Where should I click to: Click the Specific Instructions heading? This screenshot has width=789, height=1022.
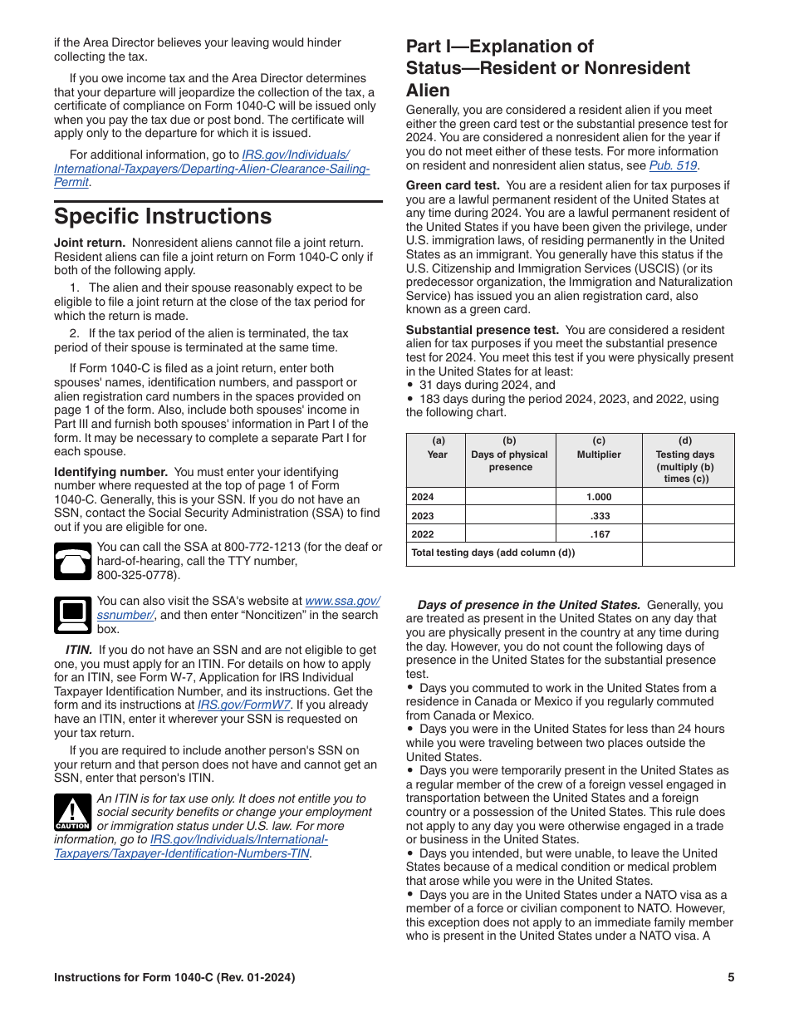coord(163,217)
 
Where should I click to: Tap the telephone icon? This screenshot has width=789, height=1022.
coord(72,561)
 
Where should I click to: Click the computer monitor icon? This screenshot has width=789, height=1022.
coord(72,615)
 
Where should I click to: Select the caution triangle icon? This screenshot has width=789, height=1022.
coord(72,812)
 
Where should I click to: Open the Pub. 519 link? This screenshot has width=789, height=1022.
coord(673,165)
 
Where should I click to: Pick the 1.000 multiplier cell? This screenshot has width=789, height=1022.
coord(598,497)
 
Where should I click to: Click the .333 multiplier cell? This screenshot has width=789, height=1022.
coord(598,515)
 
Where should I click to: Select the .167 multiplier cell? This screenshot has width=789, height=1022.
coord(598,533)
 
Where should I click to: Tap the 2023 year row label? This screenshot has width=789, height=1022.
coord(423,515)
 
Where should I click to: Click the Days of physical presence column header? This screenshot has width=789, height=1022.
coord(510,454)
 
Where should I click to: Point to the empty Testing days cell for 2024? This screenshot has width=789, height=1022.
coord(688,497)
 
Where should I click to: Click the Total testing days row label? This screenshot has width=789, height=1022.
coord(493,553)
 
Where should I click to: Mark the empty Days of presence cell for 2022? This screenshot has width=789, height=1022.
coord(510,533)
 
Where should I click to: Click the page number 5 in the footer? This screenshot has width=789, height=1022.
coord(731,978)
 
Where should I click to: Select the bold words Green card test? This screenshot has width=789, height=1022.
coord(453,185)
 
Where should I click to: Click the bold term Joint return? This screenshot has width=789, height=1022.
coord(90,243)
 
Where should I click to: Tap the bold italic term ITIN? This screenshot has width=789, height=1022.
coord(79,650)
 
